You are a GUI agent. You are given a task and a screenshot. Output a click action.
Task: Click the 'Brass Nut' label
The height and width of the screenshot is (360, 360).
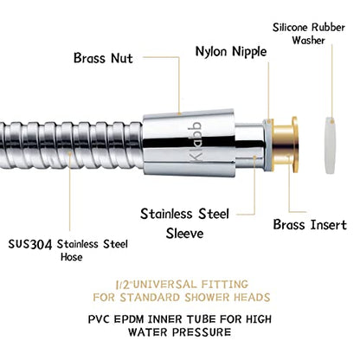[x=103, y=58]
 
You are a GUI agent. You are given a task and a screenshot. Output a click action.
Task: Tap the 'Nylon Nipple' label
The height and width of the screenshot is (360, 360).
[x=231, y=52]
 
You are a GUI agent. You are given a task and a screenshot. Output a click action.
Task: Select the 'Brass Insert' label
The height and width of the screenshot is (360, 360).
[x=310, y=225]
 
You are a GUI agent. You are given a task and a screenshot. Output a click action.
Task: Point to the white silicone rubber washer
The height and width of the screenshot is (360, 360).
[x=330, y=145]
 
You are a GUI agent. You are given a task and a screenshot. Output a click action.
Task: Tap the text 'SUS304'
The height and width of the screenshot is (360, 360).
[x=30, y=245]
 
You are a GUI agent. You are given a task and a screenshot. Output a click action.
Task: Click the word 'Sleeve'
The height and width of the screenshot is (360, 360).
[x=184, y=233]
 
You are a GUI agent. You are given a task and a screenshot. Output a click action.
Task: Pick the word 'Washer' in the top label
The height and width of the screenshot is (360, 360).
[x=308, y=40]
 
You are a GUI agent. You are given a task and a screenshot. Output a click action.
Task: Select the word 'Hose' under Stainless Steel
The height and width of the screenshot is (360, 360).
[x=71, y=257]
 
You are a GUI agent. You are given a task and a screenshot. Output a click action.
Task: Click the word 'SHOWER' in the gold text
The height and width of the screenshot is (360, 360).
[x=208, y=297]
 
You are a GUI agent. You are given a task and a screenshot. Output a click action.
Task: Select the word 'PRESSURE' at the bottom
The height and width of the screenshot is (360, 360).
[x=202, y=332]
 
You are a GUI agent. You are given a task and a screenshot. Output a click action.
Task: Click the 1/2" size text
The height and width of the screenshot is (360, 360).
[x=124, y=285]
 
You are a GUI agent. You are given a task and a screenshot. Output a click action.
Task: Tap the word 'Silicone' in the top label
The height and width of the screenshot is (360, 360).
[x=290, y=28]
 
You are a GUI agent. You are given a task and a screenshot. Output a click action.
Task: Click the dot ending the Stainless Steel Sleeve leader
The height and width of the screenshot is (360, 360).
[x=254, y=157]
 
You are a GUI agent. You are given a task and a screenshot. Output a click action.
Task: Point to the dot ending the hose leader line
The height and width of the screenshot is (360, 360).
[x=69, y=154]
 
